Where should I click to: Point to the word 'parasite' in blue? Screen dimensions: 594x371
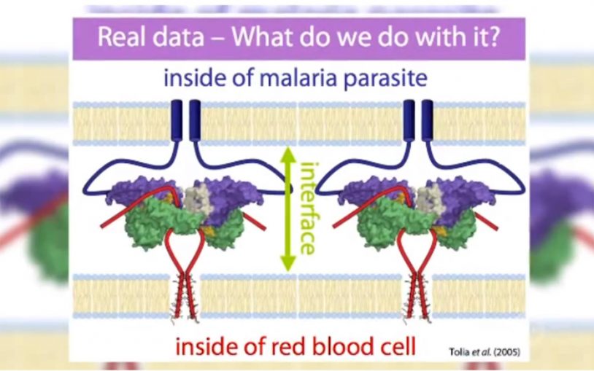click(385, 80)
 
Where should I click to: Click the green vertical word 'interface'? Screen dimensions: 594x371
click(309, 208)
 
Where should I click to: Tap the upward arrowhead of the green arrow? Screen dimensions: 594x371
click(288, 154)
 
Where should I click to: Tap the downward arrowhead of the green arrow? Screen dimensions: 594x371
click(288, 263)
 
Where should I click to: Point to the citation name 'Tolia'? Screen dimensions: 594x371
click(460, 352)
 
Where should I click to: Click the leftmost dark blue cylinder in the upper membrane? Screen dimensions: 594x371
click(177, 120)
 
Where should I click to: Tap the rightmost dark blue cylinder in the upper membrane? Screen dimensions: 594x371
click(427, 120)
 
